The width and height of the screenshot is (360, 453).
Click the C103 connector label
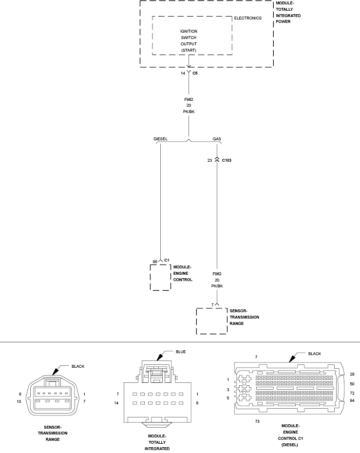(227, 160)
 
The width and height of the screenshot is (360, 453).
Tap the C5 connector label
(195, 74)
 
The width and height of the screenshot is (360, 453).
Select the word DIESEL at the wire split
(160, 139)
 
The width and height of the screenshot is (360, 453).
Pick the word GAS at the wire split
(217, 139)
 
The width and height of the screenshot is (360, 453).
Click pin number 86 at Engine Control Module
(155, 262)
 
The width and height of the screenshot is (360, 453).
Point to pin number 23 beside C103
(210, 160)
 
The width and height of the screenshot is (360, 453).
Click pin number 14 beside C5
(183, 74)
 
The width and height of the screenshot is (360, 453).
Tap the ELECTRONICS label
(247, 18)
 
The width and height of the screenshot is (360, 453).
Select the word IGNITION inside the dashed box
(189, 31)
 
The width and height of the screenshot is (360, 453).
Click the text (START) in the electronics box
(189, 50)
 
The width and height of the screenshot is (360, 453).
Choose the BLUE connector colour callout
(181, 352)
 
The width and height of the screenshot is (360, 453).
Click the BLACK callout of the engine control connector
(315, 354)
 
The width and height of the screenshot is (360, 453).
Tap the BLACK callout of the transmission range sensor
(78, 367)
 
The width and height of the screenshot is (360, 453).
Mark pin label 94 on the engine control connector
(352, 401)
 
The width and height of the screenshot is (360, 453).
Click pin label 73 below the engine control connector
(257, 422)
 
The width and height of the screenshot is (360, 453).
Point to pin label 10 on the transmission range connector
(19, 401)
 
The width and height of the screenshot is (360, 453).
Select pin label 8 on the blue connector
(197, 403)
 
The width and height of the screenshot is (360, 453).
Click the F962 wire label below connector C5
(189, 100)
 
